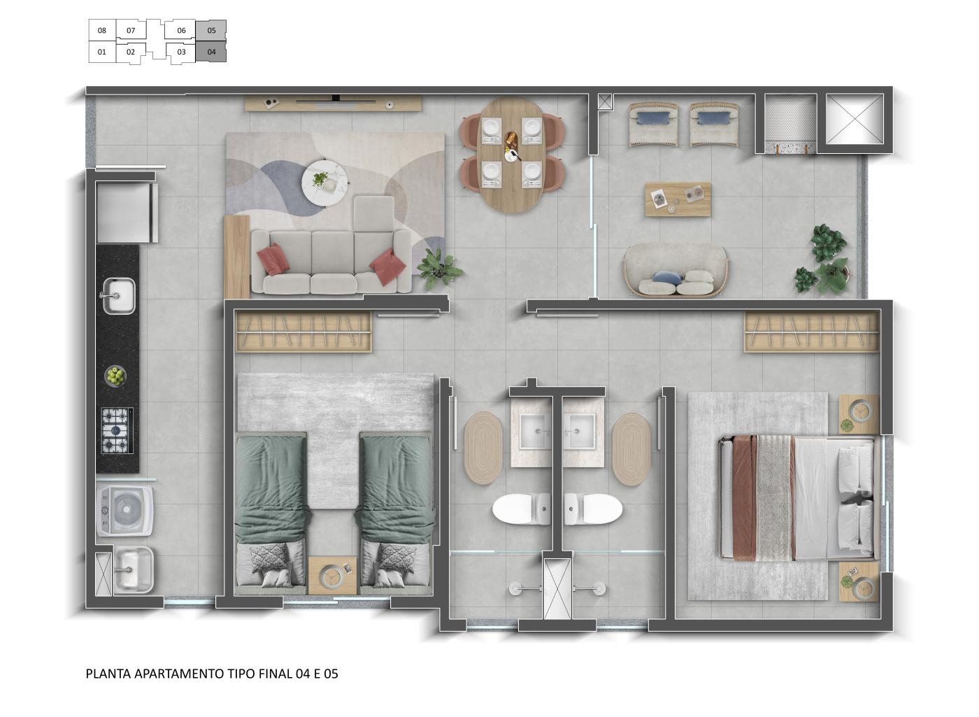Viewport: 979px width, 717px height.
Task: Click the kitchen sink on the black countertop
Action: tap(119, 296)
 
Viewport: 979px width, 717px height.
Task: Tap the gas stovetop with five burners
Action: tap(116, 430)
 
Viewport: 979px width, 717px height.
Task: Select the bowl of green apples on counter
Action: tap(115, 376)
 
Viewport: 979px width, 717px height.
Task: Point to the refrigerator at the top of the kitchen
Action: tap(126, 213)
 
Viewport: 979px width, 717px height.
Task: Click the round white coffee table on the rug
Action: tap(324, 184)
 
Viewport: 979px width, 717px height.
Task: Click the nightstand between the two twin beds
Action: tap(333, 575)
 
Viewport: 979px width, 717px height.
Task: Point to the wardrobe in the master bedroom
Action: tap(811, 331)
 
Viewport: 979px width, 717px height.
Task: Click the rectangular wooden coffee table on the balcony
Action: tap(677, 199)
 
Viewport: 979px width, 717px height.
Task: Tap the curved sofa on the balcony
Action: tap(676, 271)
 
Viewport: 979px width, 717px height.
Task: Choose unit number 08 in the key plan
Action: tap(102, 31)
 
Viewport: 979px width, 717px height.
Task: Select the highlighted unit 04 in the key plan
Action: tap(211, 52)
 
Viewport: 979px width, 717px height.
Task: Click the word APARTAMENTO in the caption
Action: tap(179, 674)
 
